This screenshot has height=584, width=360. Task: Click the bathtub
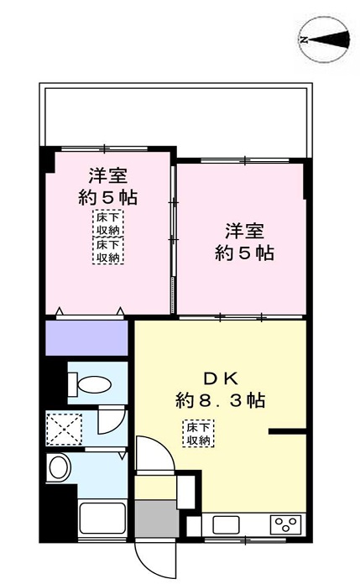point(102,519)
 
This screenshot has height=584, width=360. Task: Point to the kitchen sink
point(226,524)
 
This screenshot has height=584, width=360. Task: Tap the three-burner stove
point(285,524)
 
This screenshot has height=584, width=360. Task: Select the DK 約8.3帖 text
point(221,389)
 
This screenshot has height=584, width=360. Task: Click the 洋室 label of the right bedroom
point(245,231)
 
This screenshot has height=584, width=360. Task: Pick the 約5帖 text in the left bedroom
point(108,197)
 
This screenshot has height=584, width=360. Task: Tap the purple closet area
point(86,337)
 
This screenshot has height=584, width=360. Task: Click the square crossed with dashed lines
point(64,429)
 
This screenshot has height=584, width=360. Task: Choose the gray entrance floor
point(157,519)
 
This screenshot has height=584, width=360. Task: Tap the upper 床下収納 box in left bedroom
point(108,223)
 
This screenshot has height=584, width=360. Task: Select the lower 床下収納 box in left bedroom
point(108,251)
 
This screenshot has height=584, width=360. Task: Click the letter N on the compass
point(305,39)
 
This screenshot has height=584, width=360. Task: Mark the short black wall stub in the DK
point(287,431)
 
